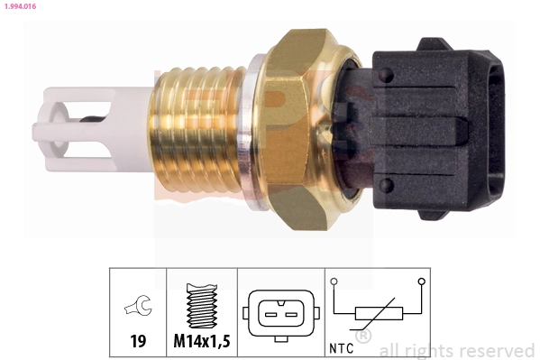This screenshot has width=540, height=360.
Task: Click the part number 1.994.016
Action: pyautogui.click(x=23, y=6)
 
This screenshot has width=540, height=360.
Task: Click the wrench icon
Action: pyautogui.click(x=139, y=309)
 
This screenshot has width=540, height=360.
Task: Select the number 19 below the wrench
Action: pyautogui.click(x=138, y=343)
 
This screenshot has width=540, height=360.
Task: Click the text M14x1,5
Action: pyautogui.click(x=202, y=343)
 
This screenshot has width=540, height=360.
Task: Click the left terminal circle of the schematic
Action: pyautogui.click(x=334, y=282)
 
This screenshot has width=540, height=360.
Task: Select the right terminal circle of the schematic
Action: pyautogui.click(x=420, y=282)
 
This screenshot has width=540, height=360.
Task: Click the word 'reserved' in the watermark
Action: pyautogui.click(x=499, y=350)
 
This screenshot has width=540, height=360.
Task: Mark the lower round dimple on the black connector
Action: pyautogui.click(x=386, y=187)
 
